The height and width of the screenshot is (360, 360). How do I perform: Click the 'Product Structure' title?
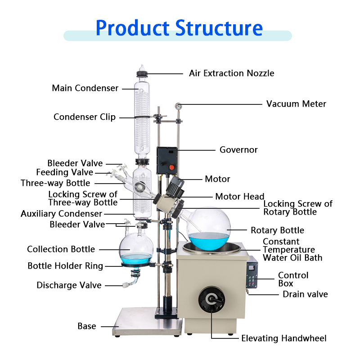(x=179, y=28)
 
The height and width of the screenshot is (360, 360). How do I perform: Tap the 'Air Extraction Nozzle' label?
(x=231, y=73)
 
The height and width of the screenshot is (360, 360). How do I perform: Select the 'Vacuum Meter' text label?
(x=296, y=104)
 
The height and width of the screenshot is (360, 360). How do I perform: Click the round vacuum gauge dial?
(x=179, y=106)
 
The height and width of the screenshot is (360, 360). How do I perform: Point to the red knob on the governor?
(x=171, y=167)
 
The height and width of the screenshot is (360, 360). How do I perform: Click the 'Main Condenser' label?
(x=85, y=88)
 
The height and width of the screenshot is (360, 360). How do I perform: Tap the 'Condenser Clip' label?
(x=85, y=117)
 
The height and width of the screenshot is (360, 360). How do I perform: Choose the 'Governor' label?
(x=238, y=149)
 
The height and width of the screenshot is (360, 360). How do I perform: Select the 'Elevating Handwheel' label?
(x=284, y=338)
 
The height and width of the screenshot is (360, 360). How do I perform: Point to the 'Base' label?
(x=87, y=326)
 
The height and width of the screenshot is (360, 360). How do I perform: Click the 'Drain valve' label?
(x=305, y=294)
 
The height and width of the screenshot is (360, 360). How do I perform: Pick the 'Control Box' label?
(x=293, y=279)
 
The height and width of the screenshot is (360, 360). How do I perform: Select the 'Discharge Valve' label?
(x=69, y=285)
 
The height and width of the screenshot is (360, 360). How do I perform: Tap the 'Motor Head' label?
(x=240, y=196)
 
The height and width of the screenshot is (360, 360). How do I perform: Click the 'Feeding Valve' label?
(x=65, y=172)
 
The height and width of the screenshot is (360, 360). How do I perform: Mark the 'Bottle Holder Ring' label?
(x=65, y=266)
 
